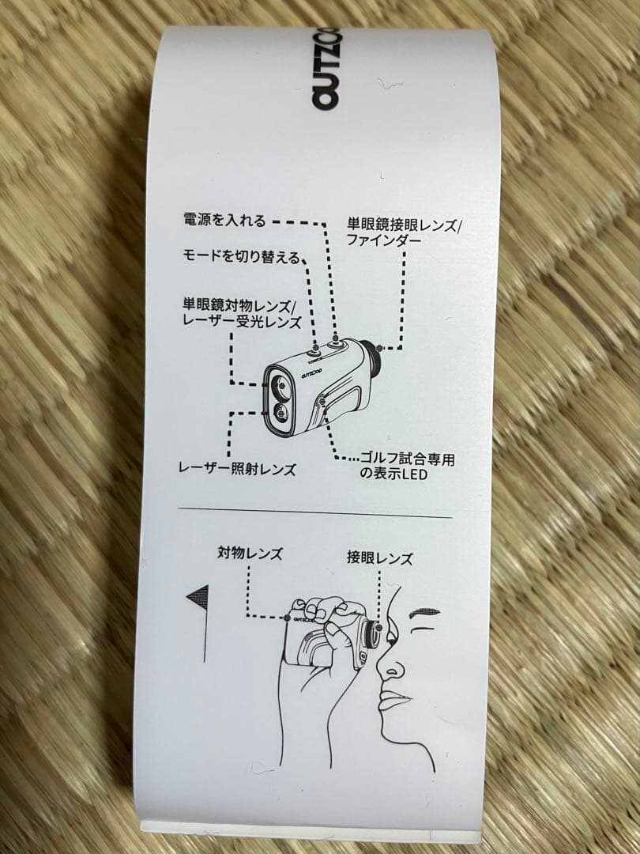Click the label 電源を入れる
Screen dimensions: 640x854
click(x=224, y=220)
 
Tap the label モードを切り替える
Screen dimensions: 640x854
click(x=242, y=256)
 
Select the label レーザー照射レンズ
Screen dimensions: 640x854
click(x=237, y=469)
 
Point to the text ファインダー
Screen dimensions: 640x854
click(x=384, y=240)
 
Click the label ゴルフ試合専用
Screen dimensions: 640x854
click(x=407, y=459)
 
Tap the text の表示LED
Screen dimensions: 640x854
click(x=393, y=474)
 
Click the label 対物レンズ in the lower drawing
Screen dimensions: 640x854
click(x=250, y=554)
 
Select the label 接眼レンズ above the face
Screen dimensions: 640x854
click(x=380, y=558)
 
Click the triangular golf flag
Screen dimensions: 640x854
click(x=198, y=598)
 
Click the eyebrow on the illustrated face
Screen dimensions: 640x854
click(x=424, y=612)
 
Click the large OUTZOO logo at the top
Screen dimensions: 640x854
click(x=326, y=68)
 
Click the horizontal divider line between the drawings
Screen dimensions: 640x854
click(x=315, y=512)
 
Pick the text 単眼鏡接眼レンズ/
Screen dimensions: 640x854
click(x=404, y=225)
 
